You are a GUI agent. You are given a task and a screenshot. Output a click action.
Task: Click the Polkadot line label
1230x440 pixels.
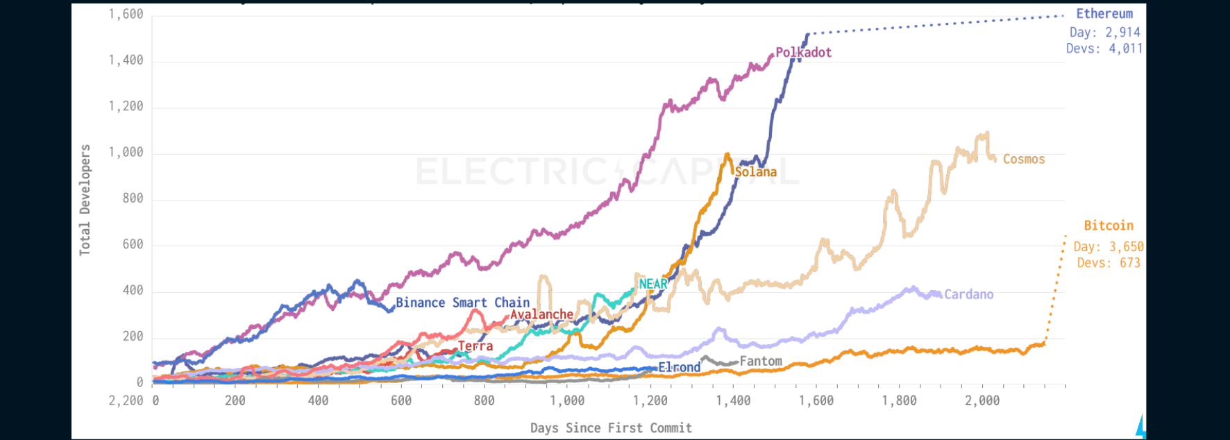click(803, 53)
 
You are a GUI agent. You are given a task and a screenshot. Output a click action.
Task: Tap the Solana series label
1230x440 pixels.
click(756, 172)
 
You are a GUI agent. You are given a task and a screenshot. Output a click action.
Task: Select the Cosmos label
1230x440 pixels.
click(1024, 160)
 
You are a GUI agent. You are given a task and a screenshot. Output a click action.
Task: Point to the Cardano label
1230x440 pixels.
click(969, 294)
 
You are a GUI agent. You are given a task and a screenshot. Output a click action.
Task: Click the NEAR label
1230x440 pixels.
click(652, 284)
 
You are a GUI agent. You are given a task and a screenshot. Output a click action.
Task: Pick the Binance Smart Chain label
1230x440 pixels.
click(462, 303)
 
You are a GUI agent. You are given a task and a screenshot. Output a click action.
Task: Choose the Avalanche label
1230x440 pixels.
click(541, 314)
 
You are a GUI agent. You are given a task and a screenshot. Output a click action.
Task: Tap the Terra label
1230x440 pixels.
click(475, 346)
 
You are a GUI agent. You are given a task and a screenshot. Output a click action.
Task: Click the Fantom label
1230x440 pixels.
click(761, 361)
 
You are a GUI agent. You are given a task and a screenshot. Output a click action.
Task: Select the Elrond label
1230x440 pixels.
click(679, 367)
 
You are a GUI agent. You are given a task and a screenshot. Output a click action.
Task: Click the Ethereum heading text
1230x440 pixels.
click(1104, 14)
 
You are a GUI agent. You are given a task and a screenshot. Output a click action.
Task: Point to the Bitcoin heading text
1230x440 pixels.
click(1109, 226)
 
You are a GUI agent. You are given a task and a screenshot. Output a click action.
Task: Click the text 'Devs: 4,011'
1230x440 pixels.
click(1104, 49)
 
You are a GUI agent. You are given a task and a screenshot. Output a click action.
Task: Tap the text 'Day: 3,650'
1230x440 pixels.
click(1109, 246)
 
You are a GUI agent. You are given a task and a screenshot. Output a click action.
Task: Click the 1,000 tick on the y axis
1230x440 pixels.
click(126, 153)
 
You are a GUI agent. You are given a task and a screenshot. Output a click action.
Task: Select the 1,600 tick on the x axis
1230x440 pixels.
click(816, 400)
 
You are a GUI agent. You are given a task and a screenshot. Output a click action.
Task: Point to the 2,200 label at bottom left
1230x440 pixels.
click(126, 400)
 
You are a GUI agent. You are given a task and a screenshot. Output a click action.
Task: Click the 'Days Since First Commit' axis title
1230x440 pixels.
click(611, 428)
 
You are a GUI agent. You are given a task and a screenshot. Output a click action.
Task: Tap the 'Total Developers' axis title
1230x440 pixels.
click(85, 200)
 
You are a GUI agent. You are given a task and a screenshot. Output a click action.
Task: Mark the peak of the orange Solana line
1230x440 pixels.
click(727, 154)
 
